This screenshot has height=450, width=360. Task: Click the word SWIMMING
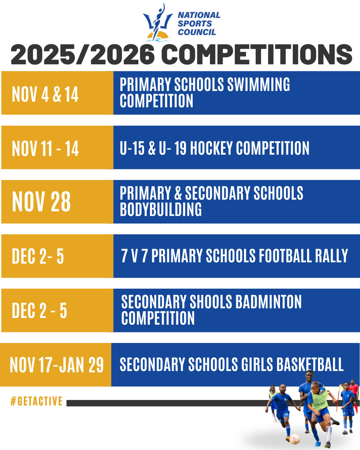[x=259, y=84]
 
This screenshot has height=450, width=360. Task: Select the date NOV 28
[x=41, y=202]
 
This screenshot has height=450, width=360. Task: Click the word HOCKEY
[x=211, y=148]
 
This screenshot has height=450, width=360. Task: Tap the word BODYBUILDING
[x=161, y=209]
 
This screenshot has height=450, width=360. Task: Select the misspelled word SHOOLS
[x=211, y=302]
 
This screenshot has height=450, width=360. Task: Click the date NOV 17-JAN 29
[x=56, y=365]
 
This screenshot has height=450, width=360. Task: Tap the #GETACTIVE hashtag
[x=36, y=401]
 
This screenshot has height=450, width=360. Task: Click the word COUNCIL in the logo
[x=197, y=32]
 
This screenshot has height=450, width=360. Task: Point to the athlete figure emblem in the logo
[x=158, y=22]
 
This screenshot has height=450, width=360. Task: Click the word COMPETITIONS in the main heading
[x=256, y=54]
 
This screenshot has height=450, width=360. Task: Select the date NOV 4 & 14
[x=45, y=94]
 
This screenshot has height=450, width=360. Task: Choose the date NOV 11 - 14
[x=45, y=148]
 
